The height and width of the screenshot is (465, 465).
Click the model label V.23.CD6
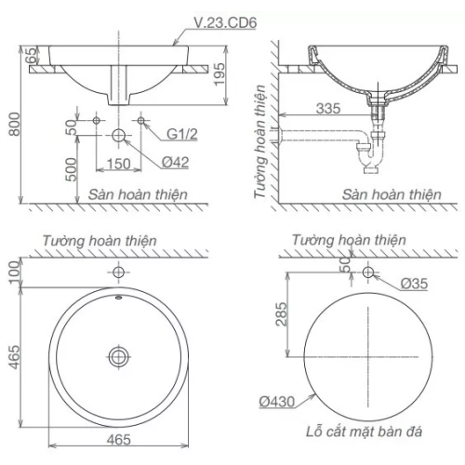point(225,22)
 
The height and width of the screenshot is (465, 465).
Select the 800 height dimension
point(14,124)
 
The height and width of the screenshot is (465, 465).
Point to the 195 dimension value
point(219,74)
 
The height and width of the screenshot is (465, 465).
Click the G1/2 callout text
point(182,134)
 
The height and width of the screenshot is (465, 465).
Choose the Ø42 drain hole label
point(176,162)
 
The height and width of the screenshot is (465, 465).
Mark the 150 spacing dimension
point(118,164)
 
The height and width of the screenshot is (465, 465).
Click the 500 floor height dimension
point(71,169)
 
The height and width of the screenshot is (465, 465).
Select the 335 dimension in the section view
point(328,109)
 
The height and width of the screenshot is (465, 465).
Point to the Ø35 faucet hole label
point(414,284)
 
